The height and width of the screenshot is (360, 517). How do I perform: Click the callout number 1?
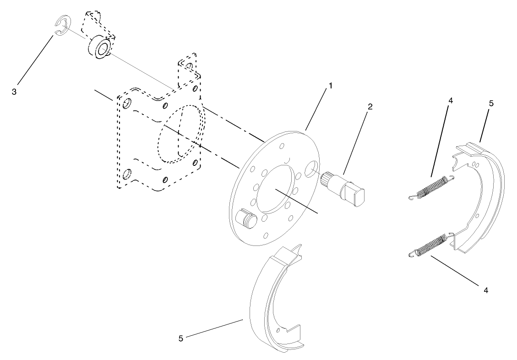pyautogui.click(x=330, y=86)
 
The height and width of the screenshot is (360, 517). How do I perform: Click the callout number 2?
pyautogui.click(x=370, y=107)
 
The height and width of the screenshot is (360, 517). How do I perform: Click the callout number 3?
pyautogui.click(x=15, y=92)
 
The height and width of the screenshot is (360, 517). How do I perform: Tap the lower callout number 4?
pyautogui.click(x=485, y=290)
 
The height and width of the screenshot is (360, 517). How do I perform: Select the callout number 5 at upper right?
pyautogui.click(x=491, y=104)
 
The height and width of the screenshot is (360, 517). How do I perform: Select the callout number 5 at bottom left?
pyautogui.click(x=181, y=338)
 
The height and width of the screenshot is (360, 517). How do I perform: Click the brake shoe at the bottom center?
pyautogui.click(x=272, y=302)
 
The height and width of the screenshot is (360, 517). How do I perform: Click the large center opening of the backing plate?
pyautogui.click(x=275, y=190)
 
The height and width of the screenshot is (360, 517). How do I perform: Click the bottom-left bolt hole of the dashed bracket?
pyautogui.click(x=127, y=174)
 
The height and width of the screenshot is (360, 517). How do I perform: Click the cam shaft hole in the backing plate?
pyautogui.click(x=311, y=169)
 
